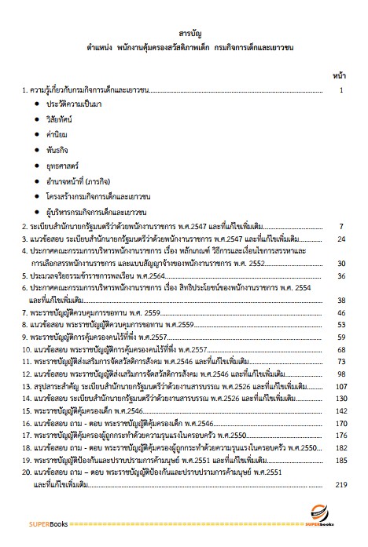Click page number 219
[x=340, y=487]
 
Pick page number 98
[x=341, y=373]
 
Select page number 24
[x=342, y=238]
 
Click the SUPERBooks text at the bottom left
[x=38, y=523]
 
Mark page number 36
[x=342, y=275]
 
